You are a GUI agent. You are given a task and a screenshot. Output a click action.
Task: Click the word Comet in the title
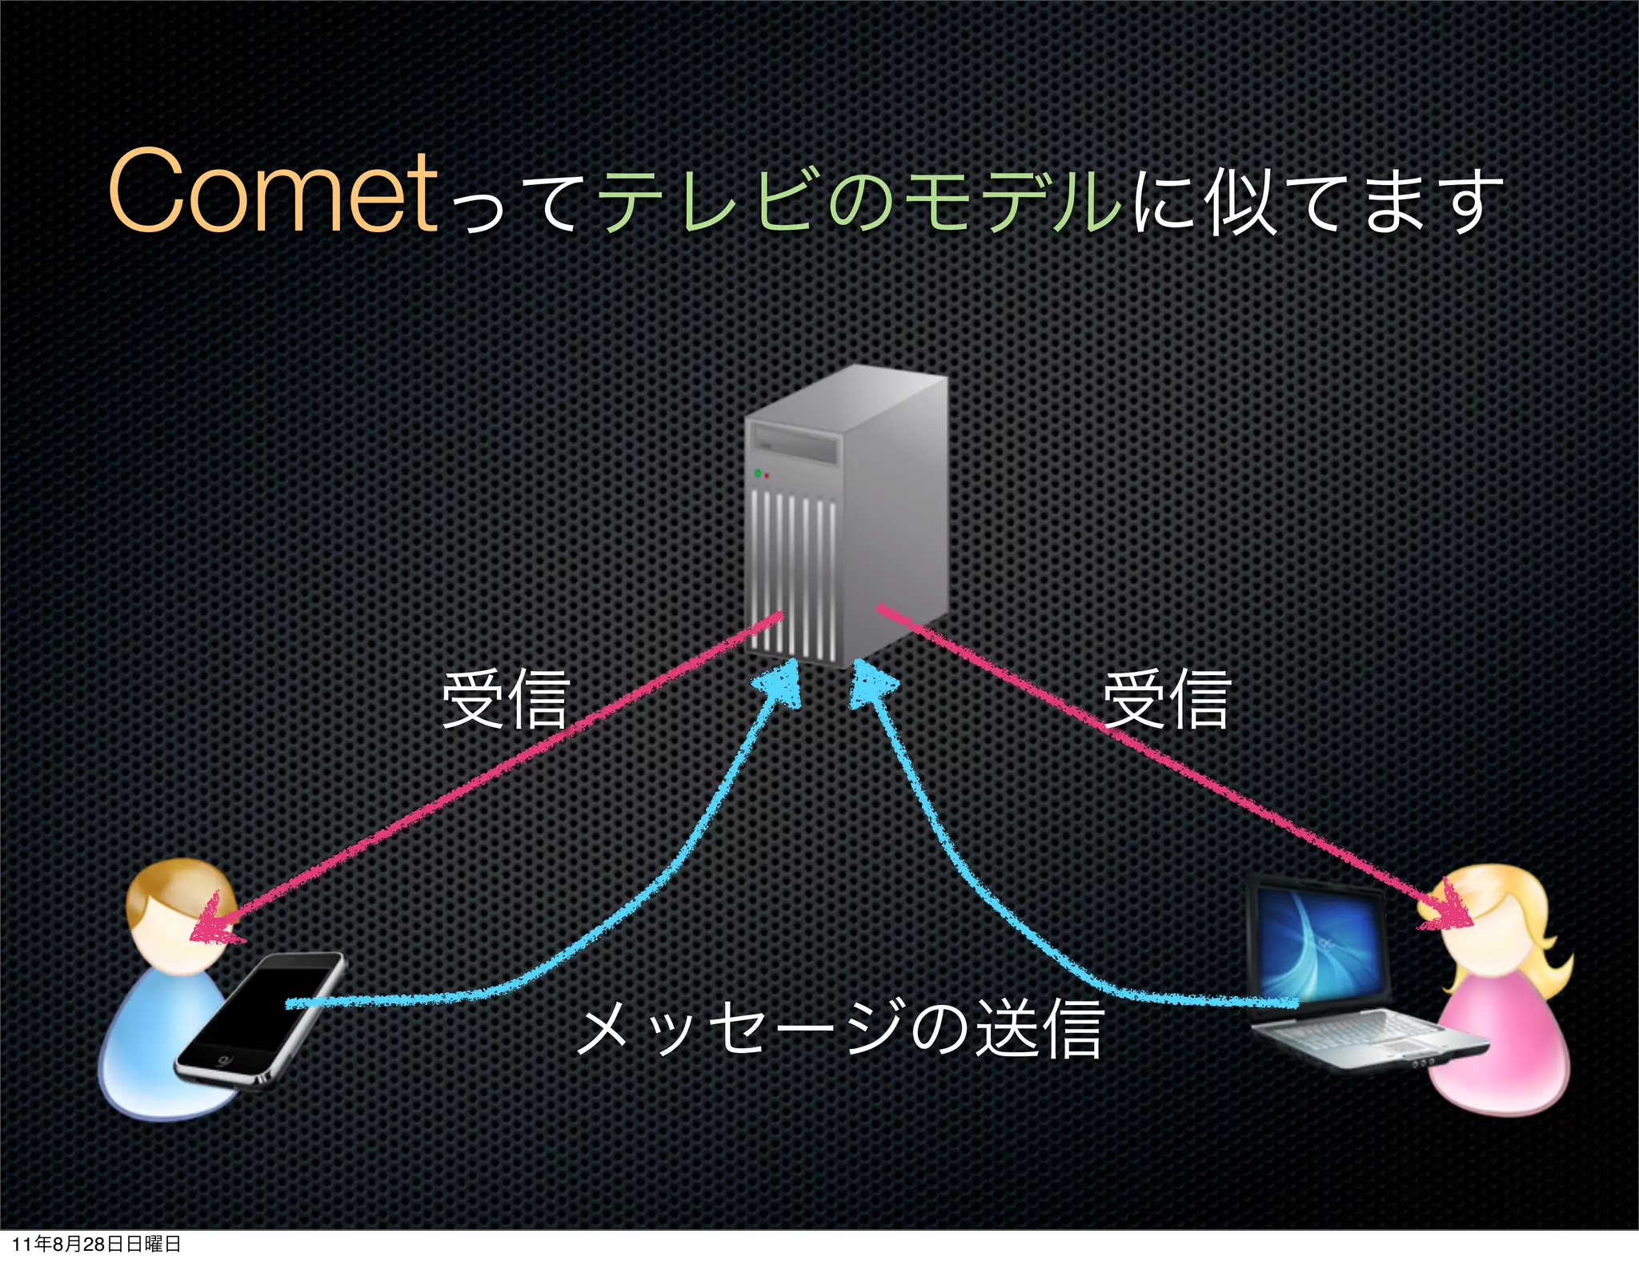272,192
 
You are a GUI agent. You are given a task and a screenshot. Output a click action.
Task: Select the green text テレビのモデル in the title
860,200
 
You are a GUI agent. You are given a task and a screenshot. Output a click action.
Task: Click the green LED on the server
758,473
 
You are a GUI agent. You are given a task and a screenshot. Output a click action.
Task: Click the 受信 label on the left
506,699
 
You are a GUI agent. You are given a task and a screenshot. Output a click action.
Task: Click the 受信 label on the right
1166,699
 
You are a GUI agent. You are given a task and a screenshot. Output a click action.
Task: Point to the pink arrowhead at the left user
212,921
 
